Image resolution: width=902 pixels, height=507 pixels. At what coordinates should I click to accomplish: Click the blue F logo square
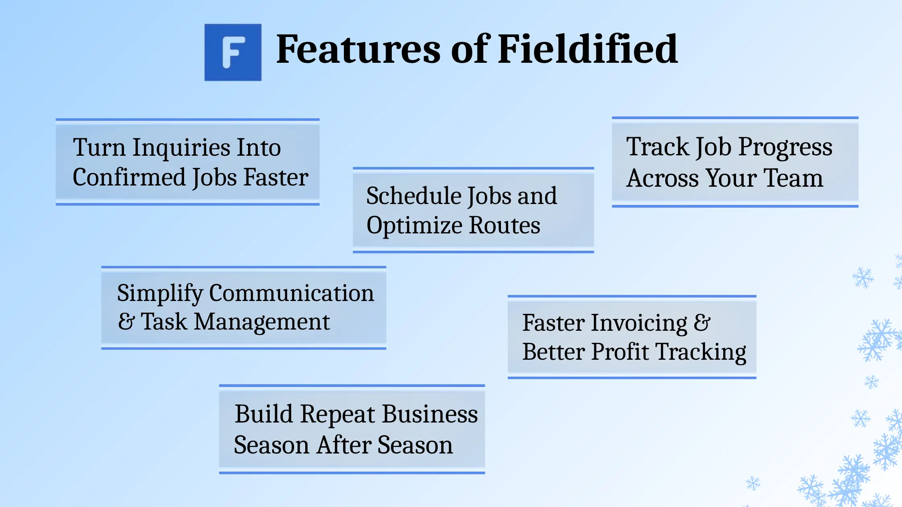(233, 52)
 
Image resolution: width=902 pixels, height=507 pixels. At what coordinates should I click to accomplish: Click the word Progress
(785, 147)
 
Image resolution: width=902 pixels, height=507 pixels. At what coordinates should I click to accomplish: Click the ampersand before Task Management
(126, 322)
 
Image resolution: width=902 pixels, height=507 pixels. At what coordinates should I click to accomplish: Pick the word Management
(262, 322)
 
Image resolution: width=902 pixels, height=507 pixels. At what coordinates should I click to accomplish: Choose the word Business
(430, 414)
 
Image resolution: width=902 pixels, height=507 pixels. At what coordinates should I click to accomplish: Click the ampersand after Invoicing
(702, 323)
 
